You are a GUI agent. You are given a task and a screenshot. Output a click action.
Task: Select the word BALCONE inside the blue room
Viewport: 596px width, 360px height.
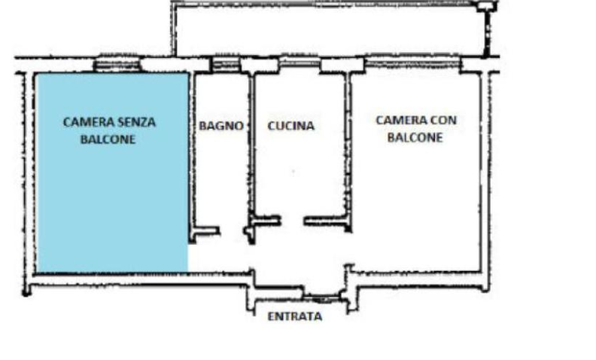(108, 139)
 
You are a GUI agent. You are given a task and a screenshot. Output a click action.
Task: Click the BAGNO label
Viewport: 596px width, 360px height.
(221, 126)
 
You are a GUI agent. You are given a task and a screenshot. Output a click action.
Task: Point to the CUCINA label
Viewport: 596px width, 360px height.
(291, 126)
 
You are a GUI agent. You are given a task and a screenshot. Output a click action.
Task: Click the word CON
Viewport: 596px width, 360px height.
(443, 121)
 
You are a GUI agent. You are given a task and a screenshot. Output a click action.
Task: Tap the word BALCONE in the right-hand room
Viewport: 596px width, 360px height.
(415, 137)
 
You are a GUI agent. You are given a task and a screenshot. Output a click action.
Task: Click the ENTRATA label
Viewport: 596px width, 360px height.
(295, 316)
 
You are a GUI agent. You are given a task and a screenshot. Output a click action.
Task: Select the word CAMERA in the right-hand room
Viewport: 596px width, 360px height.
(401, 121)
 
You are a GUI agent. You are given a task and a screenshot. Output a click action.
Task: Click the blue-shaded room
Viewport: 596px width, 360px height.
(112, 191)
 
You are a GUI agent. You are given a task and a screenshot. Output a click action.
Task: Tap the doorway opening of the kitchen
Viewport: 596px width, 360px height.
(292, 221)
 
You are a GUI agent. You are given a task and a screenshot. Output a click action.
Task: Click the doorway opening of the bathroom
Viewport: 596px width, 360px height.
(232, 231)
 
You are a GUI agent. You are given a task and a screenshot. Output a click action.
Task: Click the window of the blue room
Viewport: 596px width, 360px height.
(117, 65)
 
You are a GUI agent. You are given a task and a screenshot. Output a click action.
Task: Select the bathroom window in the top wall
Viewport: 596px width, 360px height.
(226, 64)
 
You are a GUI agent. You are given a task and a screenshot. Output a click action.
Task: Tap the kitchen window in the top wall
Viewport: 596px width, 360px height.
(300, 63)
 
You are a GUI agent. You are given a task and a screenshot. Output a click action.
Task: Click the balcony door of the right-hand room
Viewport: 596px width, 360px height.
(412, 63)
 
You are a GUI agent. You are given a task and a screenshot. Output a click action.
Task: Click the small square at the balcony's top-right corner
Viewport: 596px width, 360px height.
(485, 7)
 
